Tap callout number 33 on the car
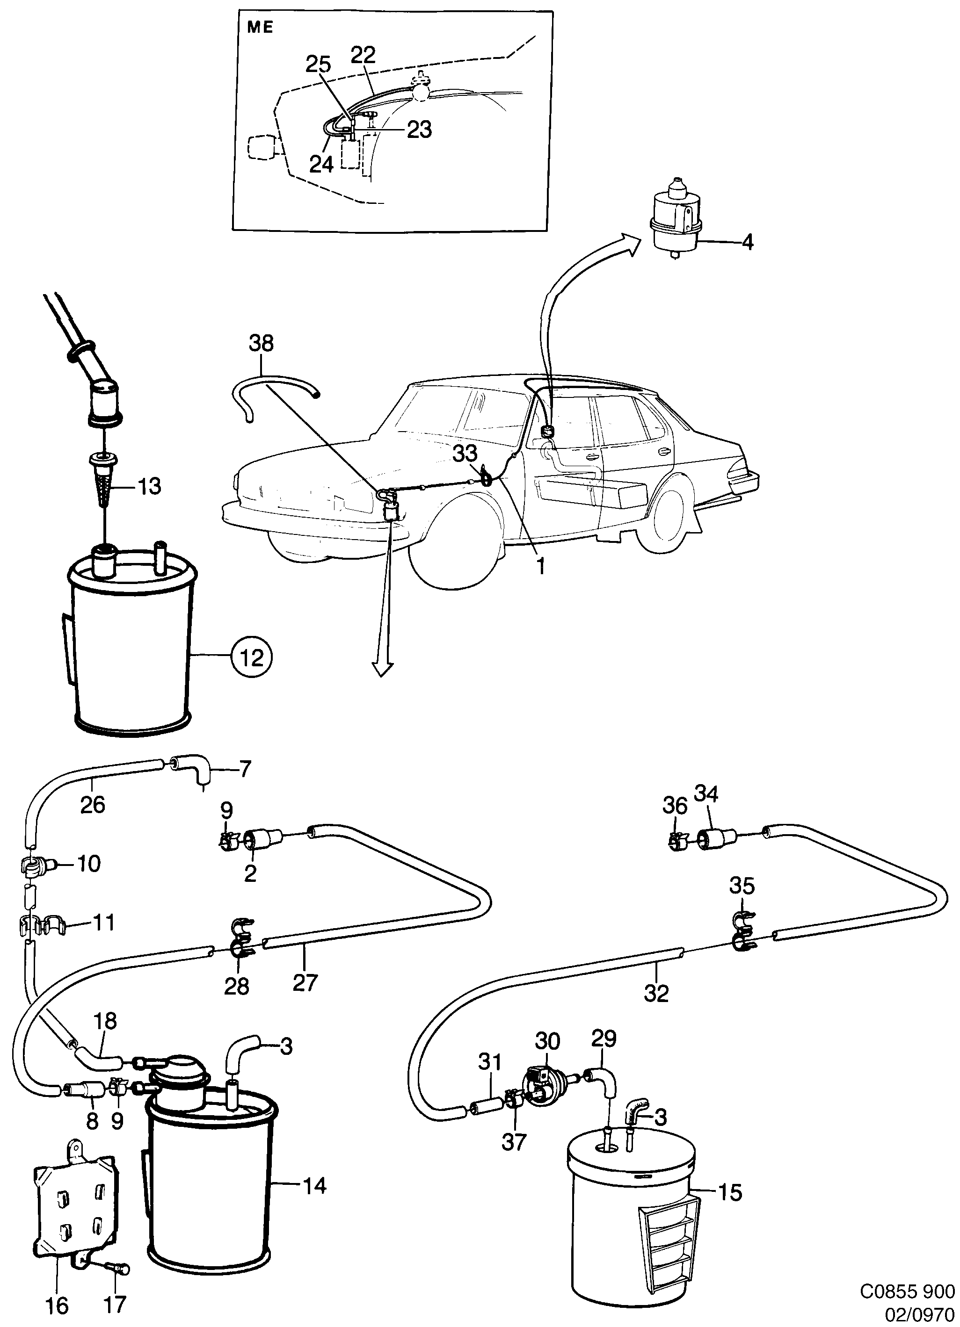pos(465,453)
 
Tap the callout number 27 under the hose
pos(305,982)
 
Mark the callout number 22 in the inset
pos(363,56)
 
